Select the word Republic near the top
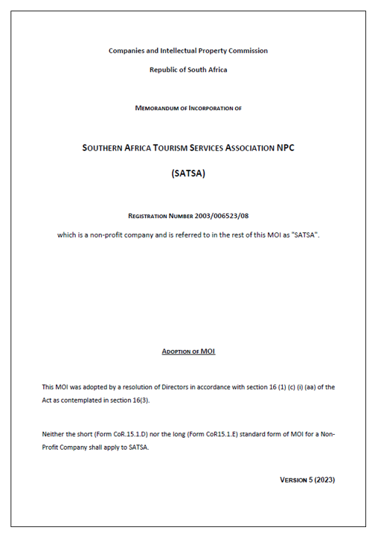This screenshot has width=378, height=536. pyautogui.click(x=165, y=70)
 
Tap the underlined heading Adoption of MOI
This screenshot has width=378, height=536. pyautogui.click(x=188, y=351)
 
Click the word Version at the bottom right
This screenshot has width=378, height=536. pyautogui.click(x=291, y=479)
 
